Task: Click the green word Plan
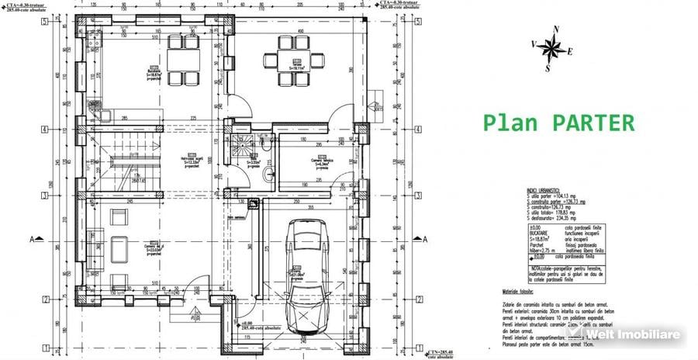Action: [509, 123]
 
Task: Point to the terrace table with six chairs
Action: [295, 60]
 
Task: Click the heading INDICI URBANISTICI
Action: [546, 189]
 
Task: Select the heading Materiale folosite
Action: [513, 291]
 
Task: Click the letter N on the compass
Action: [556, 29]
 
